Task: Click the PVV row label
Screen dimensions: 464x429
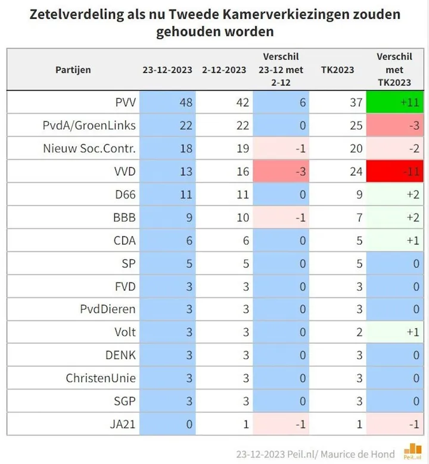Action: pyautogui.click(x=125, y=102)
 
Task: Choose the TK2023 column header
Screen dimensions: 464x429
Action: pyautogui.click(x=337, y=70)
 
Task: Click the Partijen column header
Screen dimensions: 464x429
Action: pyautogui.click(x=73, y=70)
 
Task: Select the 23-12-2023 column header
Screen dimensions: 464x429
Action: pyautogui.click(x=167, y=70)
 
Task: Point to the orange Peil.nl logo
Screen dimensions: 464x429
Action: pyautogui.click(x=412, y=451)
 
